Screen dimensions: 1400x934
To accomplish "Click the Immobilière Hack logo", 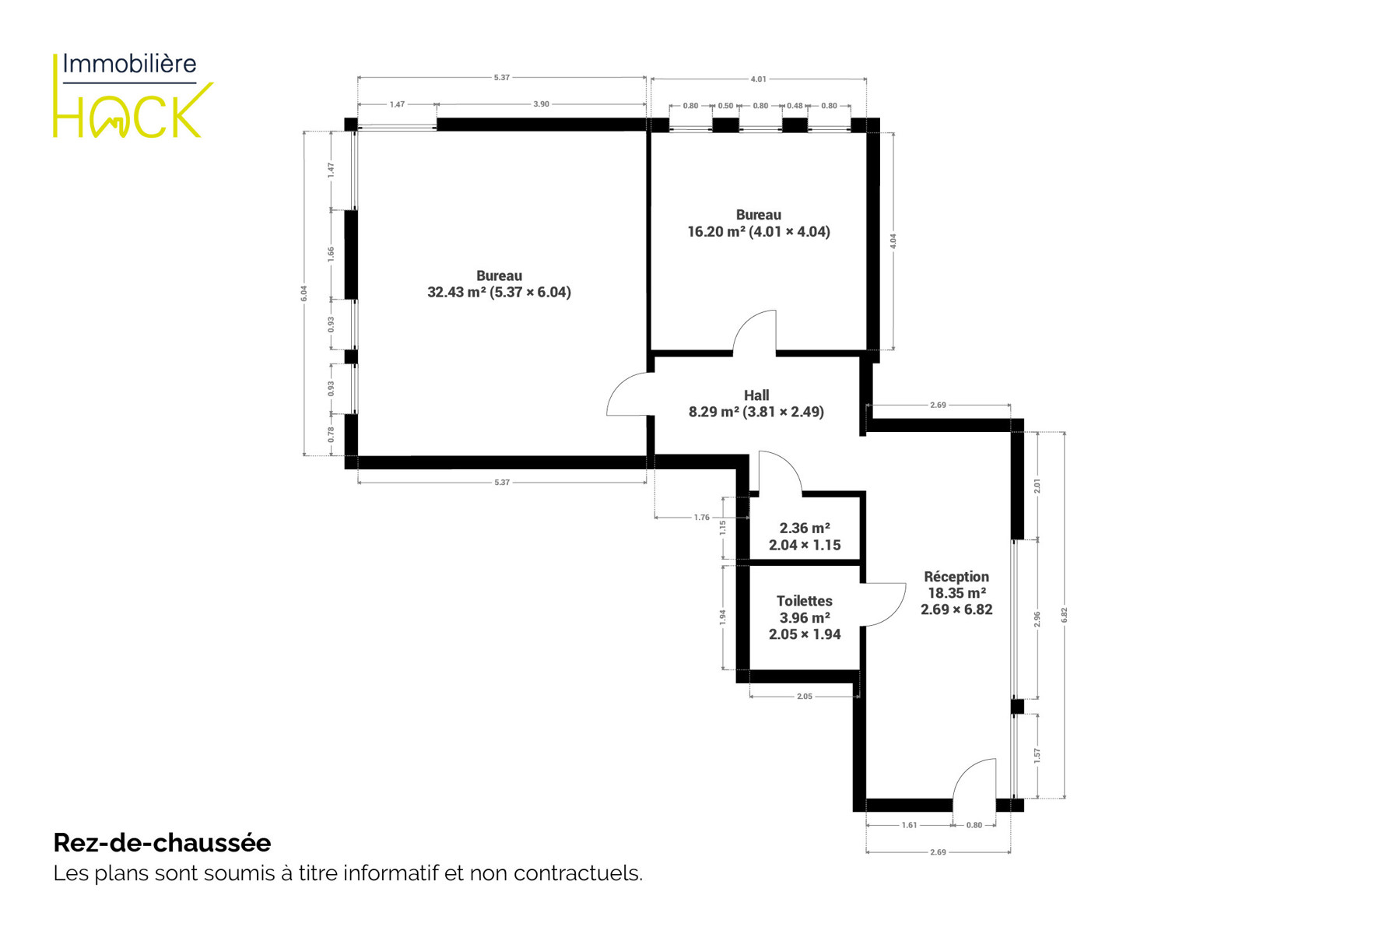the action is pos(133,96).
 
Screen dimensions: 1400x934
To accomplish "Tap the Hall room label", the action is pos(756,403).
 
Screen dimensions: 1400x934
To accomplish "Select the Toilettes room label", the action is pos(805,617).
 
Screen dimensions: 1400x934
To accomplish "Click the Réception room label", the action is pos(956,593).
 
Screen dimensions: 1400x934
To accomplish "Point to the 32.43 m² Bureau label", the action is pos(499,284).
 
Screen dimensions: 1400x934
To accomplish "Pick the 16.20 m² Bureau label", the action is pos(759,223).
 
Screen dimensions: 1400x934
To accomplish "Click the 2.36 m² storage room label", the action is pos(805,536).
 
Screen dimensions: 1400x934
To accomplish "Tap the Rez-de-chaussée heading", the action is pos(162,843).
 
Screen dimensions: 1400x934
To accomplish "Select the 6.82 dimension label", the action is pos(1065,615).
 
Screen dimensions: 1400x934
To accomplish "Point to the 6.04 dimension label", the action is pos(304,293).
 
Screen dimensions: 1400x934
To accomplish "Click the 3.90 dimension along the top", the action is pos(541,104).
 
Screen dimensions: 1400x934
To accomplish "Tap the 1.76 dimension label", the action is pos(702,518).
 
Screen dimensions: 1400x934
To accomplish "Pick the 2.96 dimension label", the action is pos(1037,619).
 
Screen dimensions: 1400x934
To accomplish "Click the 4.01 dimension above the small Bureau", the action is pos(758,79).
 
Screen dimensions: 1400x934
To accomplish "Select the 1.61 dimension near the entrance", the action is pos(909,825).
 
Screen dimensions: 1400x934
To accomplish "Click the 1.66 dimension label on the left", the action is pos(331,253).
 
